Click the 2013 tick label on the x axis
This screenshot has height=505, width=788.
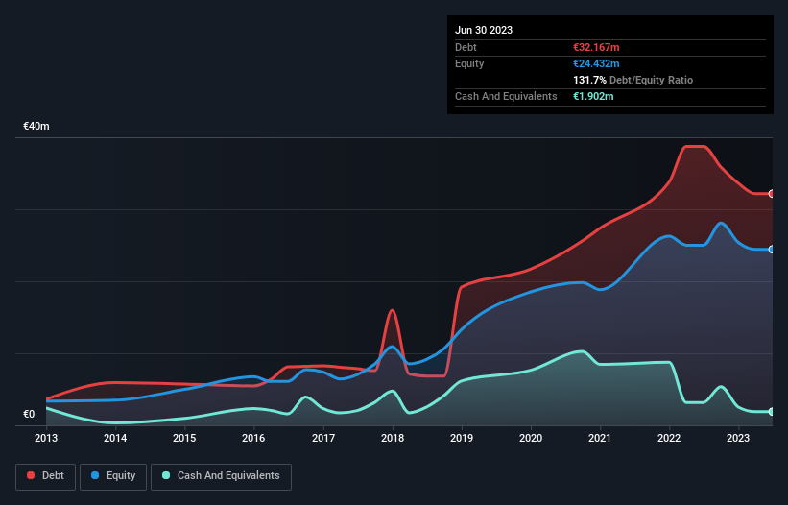46,439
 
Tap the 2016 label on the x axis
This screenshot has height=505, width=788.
253,439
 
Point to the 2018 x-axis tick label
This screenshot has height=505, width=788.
392,439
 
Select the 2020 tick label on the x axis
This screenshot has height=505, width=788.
531,439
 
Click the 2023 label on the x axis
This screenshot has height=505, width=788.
738,439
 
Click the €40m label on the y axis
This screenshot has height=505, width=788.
36,127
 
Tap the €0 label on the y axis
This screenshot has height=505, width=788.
29,415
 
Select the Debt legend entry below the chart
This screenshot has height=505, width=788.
44,476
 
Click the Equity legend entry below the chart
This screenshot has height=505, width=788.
114,476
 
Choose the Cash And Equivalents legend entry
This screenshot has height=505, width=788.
221,476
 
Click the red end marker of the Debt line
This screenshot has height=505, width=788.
772,194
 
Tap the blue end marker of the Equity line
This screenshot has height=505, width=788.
772,250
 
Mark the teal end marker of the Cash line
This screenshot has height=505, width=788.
772,412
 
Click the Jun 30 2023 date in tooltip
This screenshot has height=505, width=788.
484,30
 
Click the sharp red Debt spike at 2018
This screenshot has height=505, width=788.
392,310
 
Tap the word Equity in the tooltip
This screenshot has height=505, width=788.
469,63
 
